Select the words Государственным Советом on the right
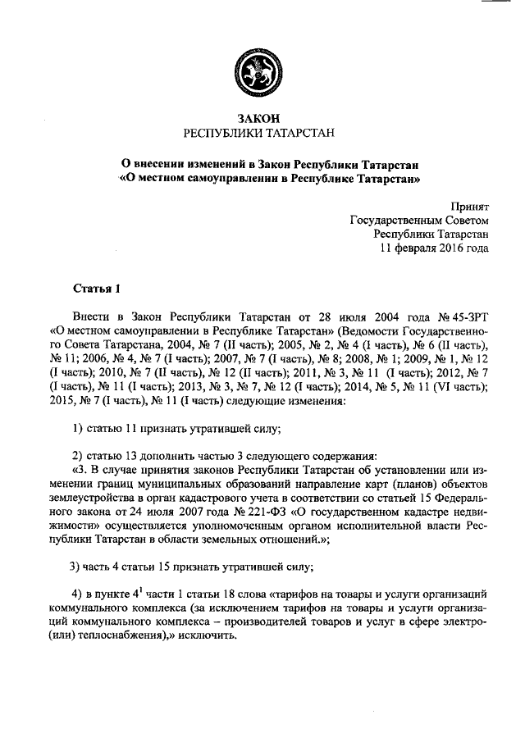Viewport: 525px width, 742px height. point(419,220)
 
